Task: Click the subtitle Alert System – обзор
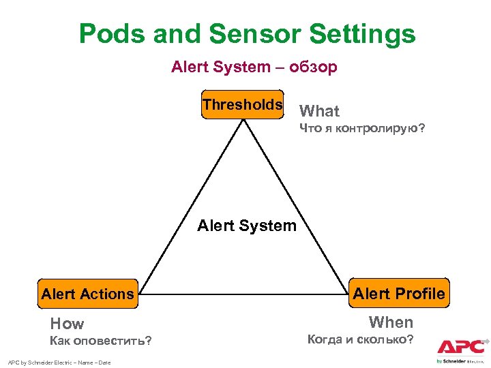254,67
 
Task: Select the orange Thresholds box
242,104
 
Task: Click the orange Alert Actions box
87,294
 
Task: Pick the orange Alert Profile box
400,294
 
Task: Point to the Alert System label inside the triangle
247,226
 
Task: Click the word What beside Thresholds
319,111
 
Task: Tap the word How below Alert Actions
67,324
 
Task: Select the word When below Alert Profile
391,322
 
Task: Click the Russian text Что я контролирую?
362,128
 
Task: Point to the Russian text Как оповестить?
101,340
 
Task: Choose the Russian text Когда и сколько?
360,339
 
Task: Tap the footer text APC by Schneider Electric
59,362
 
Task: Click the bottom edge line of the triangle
242,294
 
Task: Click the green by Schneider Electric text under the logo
461,361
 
